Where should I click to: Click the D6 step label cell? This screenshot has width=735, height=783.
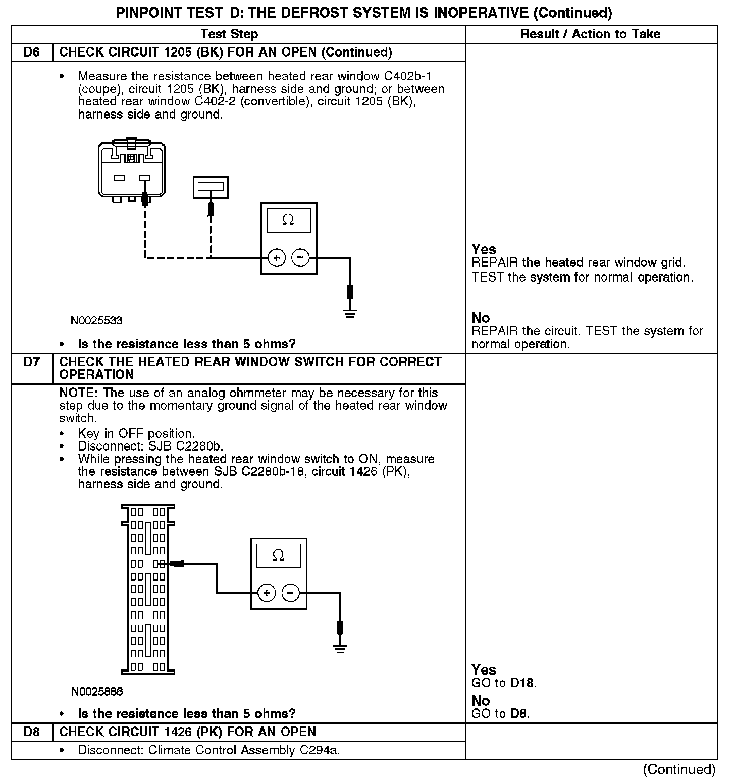[32, 52]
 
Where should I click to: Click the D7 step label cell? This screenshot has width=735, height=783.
[32, 362]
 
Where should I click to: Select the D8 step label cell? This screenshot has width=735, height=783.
[32, 732]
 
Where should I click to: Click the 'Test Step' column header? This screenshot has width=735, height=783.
[229, 34]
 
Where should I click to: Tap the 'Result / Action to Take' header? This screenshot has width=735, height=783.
[590, 34]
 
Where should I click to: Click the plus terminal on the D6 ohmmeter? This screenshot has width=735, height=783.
[276, 258]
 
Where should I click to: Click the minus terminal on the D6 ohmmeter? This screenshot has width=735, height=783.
[300, 258]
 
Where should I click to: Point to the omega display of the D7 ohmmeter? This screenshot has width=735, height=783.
[278, 555]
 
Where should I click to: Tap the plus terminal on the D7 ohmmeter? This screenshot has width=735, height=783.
[267, 593]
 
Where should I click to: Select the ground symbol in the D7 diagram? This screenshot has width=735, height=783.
[340, 649]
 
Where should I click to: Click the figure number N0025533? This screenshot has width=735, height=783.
[96, 321]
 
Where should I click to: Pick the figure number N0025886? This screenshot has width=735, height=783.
[97, 691]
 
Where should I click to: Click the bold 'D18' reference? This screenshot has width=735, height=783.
[522, 683]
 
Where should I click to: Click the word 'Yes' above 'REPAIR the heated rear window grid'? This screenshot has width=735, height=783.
[484, 249]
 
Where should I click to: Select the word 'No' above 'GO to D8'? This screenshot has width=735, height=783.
[481, 701]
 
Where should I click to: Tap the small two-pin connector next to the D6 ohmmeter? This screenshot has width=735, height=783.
[211, 187]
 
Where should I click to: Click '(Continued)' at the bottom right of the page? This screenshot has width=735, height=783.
[679, 769]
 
